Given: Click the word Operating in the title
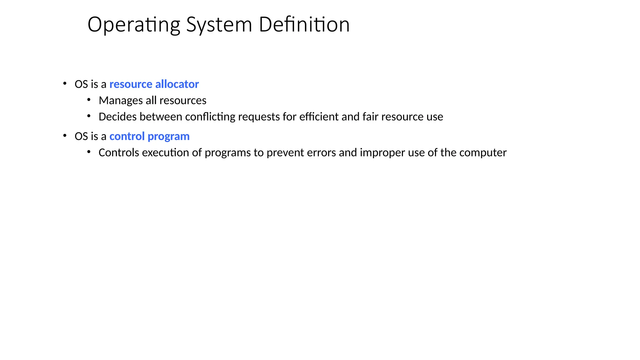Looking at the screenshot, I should [x=134, y=25].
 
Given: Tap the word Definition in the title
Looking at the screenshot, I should [x=304, y=24].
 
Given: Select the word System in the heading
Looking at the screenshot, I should [x=219, y=25].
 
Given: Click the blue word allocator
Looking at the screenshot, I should [x=177, y=84].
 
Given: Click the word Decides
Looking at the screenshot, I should [x=117, y=117].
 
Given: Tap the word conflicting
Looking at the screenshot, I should [x=210, y=117].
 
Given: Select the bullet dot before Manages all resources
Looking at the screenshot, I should [x=89, y=100].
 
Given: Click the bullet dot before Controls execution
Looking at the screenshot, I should [x=89, y=152].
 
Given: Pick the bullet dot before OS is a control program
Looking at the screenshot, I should [x=65, y=136].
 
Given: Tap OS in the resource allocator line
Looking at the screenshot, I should [x=81, y=84].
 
